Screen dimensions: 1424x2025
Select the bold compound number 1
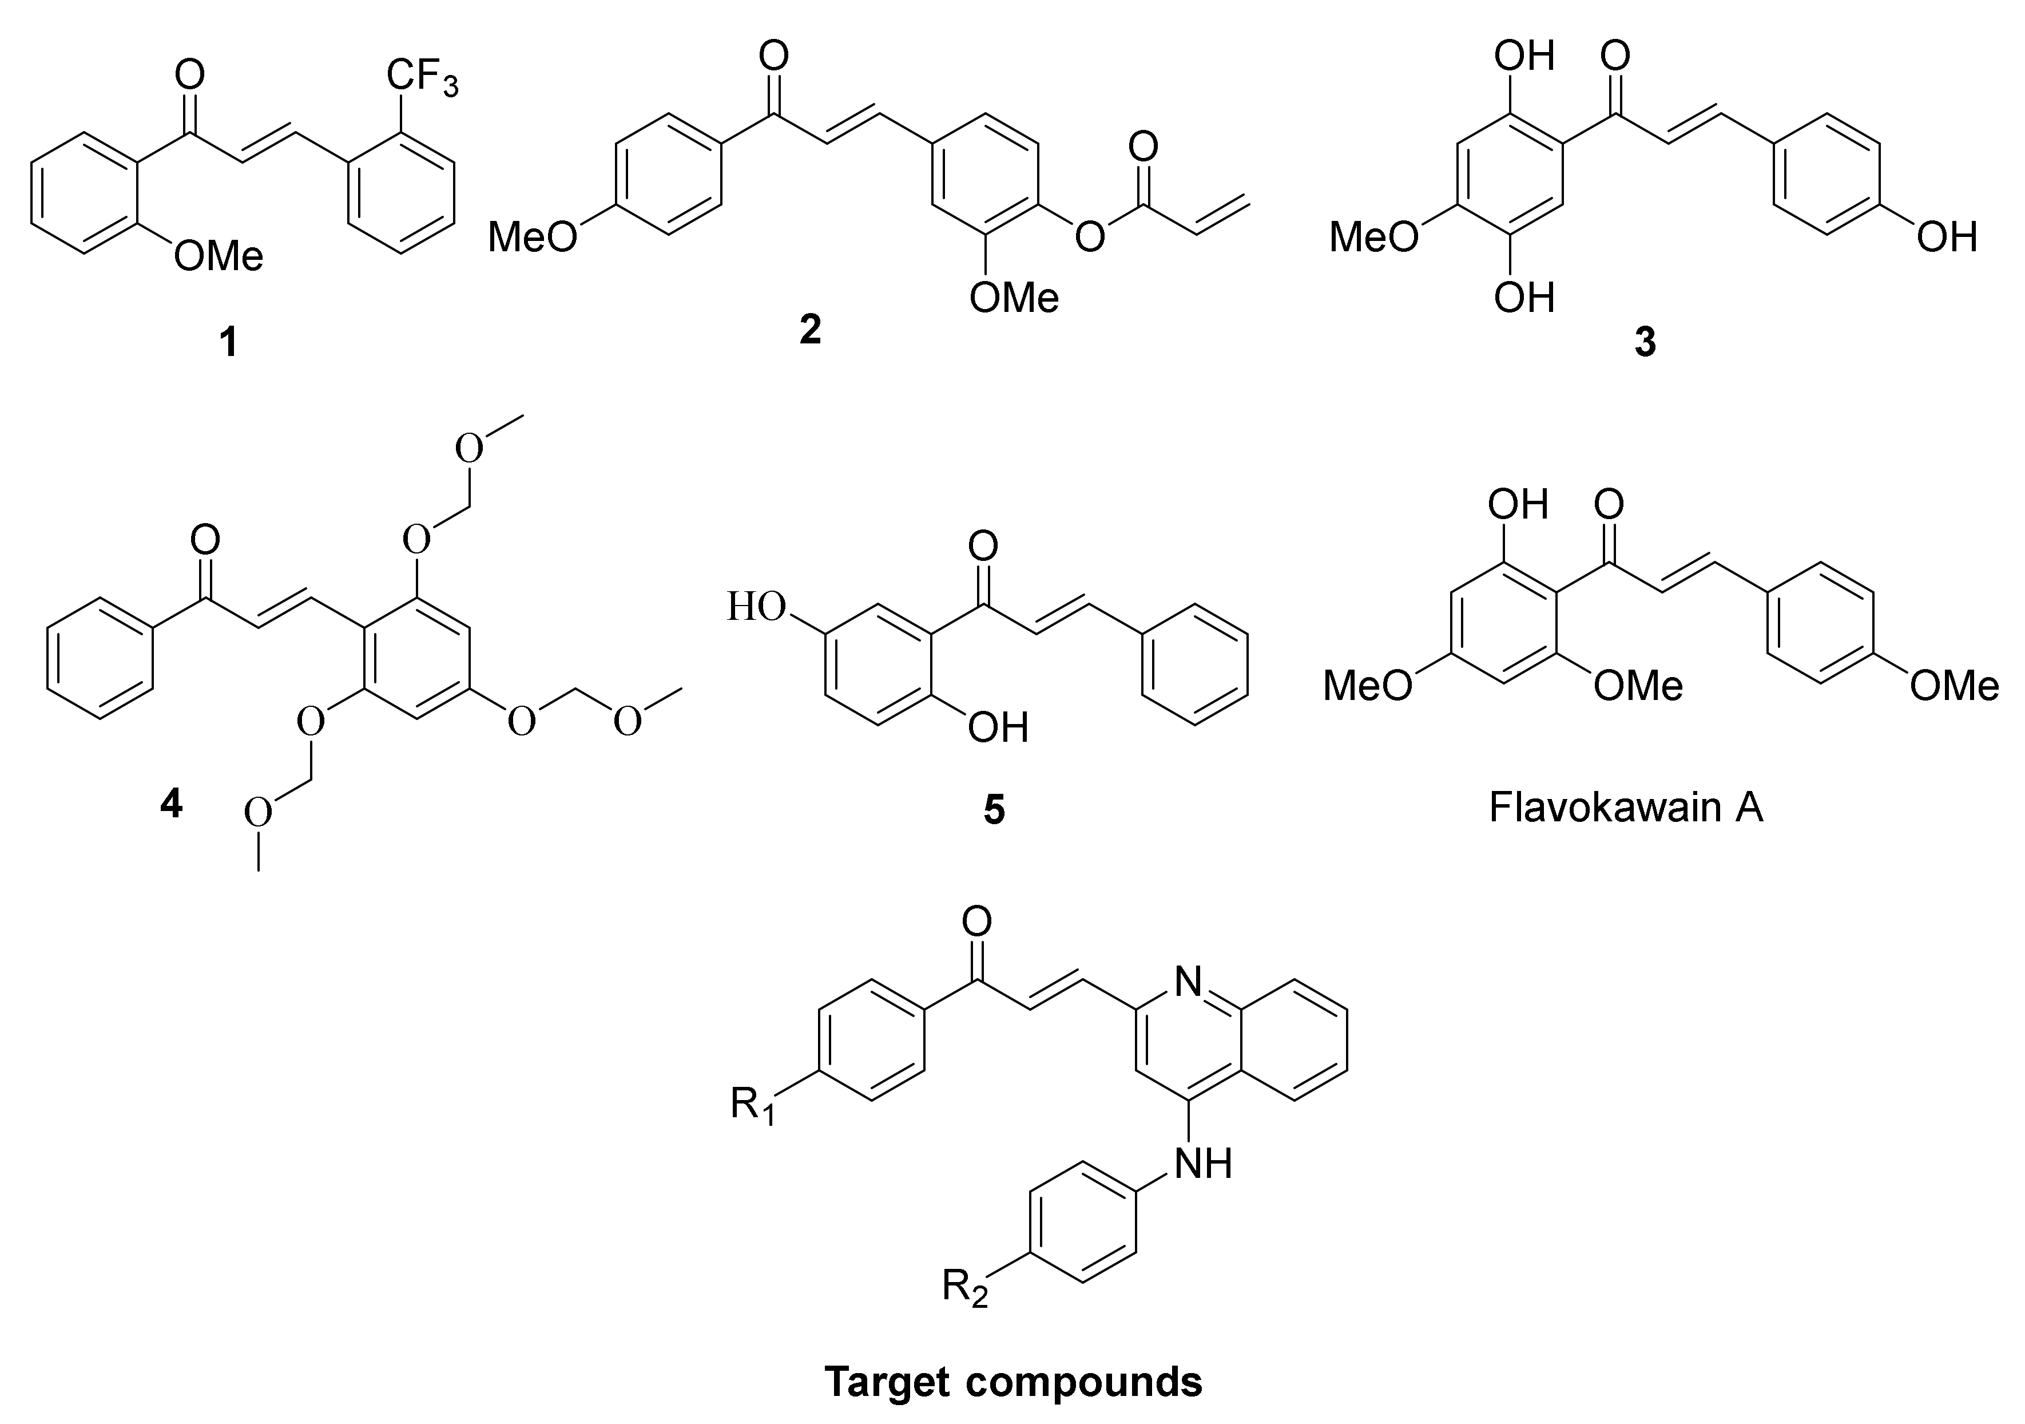(x=228, y=342)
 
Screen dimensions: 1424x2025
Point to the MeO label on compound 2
(x=533, y=236)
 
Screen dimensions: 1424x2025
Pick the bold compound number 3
(x=1645, y=342)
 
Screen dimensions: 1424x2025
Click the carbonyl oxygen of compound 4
(x=205, y=539)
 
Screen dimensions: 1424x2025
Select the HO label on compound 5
(x=757, y=607)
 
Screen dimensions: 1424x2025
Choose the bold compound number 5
(x=994, y=810)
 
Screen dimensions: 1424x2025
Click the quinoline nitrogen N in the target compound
(x=1189, y=980)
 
